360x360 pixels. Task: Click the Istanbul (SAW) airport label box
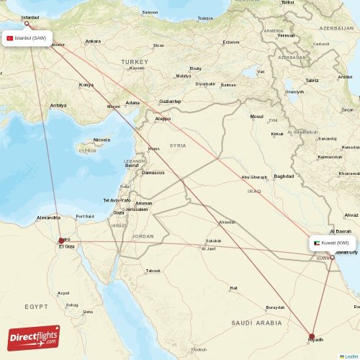pos(28,38)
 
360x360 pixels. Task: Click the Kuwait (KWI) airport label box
pos(334,243)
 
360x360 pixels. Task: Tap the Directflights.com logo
pos(34,337)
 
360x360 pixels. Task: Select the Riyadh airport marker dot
pos(312,336)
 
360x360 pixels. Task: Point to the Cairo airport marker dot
pos(61,241)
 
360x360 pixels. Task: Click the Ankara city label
pos(93,41)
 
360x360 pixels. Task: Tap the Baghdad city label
pos(284,176)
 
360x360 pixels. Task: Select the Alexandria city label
pos(49,217)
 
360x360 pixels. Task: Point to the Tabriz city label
pos(312,81)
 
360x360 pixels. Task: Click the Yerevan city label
pos(287,35)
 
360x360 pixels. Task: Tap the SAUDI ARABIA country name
pos(258,323)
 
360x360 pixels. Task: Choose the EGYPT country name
pos(36,307)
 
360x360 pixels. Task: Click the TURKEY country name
pos(133,63)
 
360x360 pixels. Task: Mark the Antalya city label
pos(58,105)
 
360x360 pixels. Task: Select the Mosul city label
pos(257,116)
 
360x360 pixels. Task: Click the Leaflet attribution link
pos(349,356)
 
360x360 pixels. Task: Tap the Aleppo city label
pos(163,118)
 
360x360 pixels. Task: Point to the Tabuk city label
pos(153,271)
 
